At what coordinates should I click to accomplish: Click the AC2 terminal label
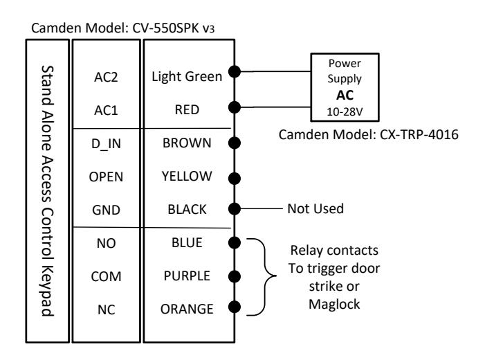click(x=106, y=77)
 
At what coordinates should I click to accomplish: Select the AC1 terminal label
click(x=106, y=110)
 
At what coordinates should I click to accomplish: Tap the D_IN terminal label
click(x=106, y=144)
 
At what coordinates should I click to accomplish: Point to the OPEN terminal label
click(x=106, y=177)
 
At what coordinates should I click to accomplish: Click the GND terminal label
click(x=106, y=210)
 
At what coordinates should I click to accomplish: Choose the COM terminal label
click(x=106, y=276)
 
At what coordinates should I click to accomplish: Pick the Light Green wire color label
click(x=187, y=77)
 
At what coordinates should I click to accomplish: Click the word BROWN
click(x=187, y=143)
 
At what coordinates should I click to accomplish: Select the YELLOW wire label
click(x=187, y=176)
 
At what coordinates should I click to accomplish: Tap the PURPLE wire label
click(x=187, y=276)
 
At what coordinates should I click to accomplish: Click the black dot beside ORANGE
click(x=235, y=307)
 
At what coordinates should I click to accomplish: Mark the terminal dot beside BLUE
click(x=235, y=243)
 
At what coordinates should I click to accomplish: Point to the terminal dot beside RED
click(x=235, y=107)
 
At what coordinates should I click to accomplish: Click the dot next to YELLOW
click(x=235, y=179)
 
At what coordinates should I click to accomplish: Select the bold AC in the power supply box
click(x=345, y=95)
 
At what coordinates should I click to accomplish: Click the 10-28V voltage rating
click(x=345, y=111)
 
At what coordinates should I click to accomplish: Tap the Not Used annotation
click(x=315, y=209)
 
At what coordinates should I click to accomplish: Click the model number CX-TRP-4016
click(x=419, y=134)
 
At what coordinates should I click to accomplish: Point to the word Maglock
click(x=334, y=305)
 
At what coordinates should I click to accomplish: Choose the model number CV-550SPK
click(x=165, y=28)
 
